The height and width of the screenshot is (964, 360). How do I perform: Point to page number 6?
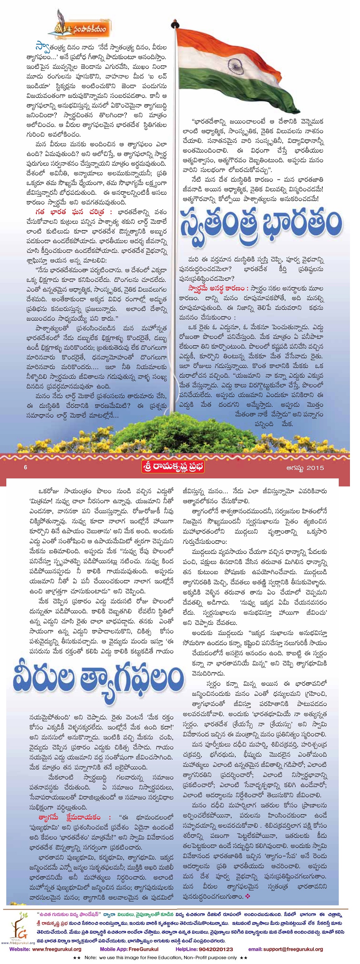coord(25,467)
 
